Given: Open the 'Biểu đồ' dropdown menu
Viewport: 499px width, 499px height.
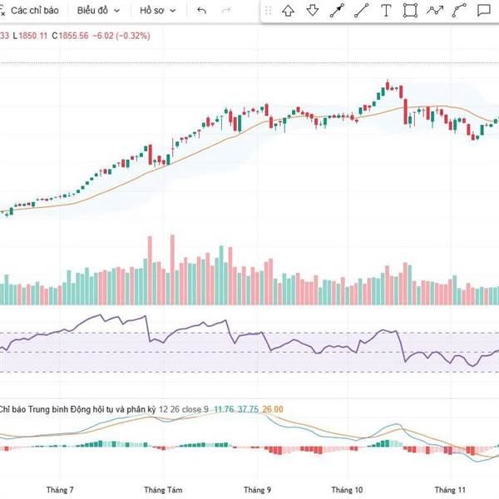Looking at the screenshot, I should (x=98, y=11).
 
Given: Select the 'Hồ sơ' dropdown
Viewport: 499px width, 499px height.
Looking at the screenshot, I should (x=157, y=11).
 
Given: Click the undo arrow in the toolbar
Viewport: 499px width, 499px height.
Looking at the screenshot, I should (x=202, y=11).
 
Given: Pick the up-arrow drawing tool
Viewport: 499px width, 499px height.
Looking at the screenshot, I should (x=288, y=11).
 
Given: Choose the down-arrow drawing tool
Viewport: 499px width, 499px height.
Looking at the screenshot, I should (x=313, y=11).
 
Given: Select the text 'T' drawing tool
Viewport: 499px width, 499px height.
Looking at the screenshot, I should (x=386, y=11).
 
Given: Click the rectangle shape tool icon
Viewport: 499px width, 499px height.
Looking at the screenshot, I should (x=410, y=11).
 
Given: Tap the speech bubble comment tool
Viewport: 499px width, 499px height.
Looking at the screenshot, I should (x=484, y=11).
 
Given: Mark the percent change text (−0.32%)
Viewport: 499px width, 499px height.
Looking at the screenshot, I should (x=128, y=36).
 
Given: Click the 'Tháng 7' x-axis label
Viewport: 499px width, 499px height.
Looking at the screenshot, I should (x=60, y=490).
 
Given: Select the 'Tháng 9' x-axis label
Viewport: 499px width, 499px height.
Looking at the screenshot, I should (x=258, y=490).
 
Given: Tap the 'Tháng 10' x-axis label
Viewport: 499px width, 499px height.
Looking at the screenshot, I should (x=347, y=490).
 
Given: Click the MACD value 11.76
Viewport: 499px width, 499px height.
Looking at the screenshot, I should (x=223, y=409).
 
